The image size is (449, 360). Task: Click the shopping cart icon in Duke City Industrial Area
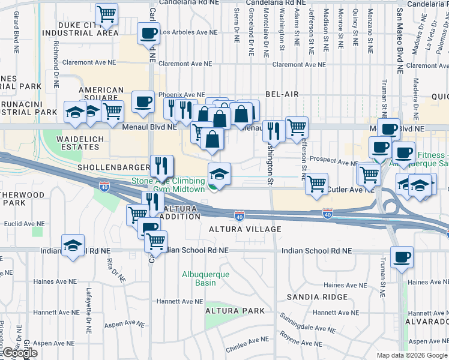[106, 14]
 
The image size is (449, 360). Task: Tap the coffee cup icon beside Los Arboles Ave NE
[148, 34]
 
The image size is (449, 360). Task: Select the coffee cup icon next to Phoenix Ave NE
[142, 101]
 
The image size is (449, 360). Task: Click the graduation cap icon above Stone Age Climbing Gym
[219, 174]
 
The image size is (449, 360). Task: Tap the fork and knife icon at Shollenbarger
[161, 165]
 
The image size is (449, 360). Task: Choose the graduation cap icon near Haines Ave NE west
[73, 245]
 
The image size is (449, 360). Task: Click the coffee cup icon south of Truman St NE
[402, 257]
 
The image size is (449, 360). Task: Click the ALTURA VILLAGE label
[244, 229]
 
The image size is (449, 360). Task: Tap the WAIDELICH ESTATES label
[81, 143]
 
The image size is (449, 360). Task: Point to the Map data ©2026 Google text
[411, 355]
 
